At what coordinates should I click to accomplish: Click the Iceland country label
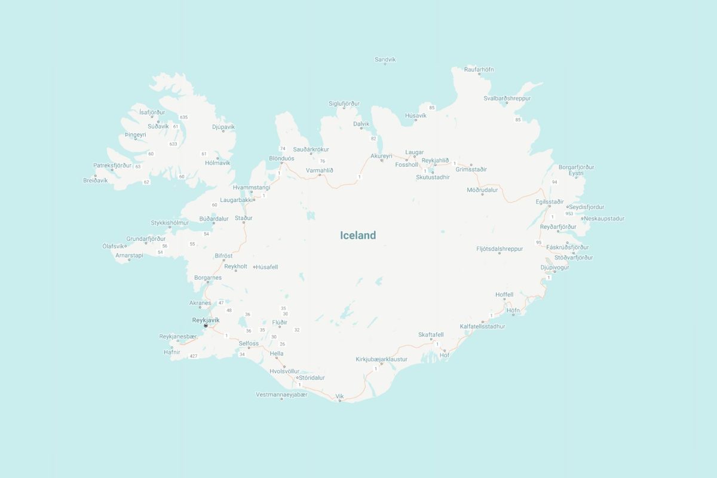click(x=358, y=235)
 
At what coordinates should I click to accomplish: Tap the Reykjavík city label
click(x=206, y=320)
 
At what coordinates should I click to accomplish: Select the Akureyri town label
click(x=381, y=155)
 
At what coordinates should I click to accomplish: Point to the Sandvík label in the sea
click(x=385, y=59)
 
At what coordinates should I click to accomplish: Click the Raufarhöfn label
click(x=479, y=69)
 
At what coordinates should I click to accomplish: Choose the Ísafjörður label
click(x=152, y=112)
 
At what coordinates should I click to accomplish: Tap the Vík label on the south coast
click(x=340, y=396)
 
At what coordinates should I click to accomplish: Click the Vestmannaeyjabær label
click(x=281, y=394)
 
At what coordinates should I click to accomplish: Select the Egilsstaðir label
click(x=550, y=202)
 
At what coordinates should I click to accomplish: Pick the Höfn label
click(x=513, y=310)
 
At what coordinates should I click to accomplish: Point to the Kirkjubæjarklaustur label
click(x=381, y=359)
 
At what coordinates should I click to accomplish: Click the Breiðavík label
click(x=96, y=180)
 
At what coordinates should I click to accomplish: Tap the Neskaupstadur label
click(x=603, y=219)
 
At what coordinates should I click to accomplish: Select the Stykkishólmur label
click(x=170, y=223)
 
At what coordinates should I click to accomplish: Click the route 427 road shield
click(x=193, y=356)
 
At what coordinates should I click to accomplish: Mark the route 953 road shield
click(x=569, y=213)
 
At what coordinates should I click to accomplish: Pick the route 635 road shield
click(x=183, y=117)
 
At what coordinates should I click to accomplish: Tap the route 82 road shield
click(x=373, y=139)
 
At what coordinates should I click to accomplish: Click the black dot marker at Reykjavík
click(x=206, y=326)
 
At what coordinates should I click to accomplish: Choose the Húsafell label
click(x=266, y=266)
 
